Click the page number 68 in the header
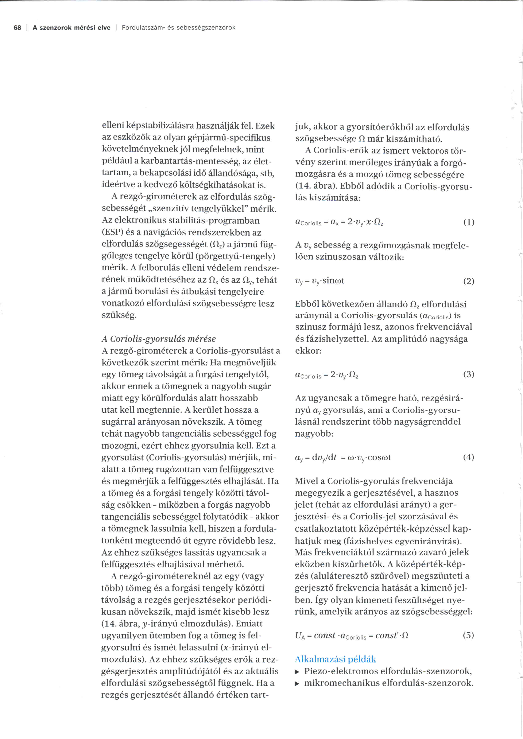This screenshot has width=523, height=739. pos(17,28)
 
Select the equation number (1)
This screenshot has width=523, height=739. pos(469,222)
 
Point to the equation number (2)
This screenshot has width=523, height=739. pos(469,281)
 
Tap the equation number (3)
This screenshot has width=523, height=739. pos(469,374)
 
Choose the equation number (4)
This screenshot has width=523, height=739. pos(469,457)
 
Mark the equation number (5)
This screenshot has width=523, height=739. pos(469,635)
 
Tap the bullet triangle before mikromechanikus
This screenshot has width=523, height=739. pos(297,684)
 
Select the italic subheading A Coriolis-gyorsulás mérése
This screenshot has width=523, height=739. pos(159,339)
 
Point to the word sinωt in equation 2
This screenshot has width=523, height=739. pos(333,281)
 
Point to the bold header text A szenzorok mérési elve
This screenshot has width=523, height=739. pos(71,28)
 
